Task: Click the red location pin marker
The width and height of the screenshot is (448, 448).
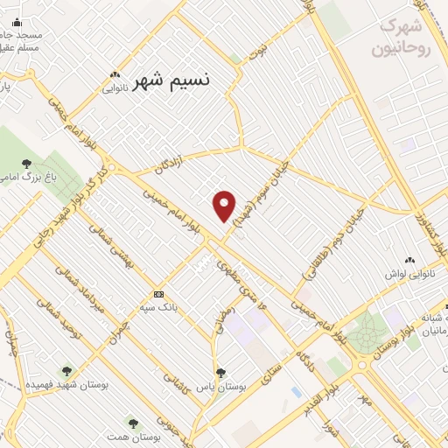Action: pos(224,206)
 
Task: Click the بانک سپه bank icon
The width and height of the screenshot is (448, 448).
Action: pos(158,294)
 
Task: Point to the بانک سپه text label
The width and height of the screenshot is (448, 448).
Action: pos(158,308)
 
